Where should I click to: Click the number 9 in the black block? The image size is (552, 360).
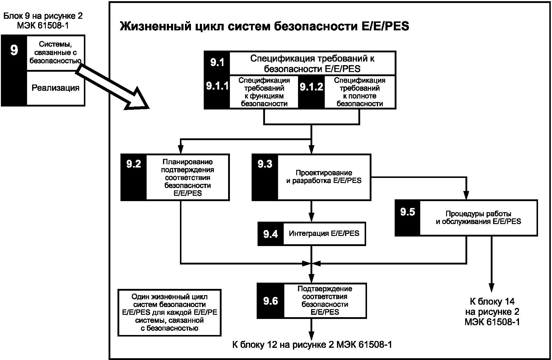(14, 50)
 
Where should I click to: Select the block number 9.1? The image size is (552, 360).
(217, 63)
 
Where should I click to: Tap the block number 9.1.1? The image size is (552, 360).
(217, 86)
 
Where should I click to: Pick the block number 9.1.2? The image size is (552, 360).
(311, 87)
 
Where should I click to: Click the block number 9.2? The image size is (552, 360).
(134, 164)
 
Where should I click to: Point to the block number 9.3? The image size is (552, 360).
(265, 164)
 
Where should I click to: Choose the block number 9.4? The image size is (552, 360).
(271, 234)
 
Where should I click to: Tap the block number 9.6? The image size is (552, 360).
(271, 301)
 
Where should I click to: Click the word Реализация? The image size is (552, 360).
(56, 88)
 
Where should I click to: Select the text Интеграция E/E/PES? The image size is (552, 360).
(324, 233)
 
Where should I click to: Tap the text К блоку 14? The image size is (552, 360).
(492, 301)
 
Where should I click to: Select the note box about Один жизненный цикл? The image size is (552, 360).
(170, 313)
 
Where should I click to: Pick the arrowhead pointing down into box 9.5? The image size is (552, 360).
(466, 195)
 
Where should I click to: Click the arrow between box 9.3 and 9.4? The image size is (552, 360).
(311, 211)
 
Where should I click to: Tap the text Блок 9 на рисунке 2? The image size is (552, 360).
(43, 16)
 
